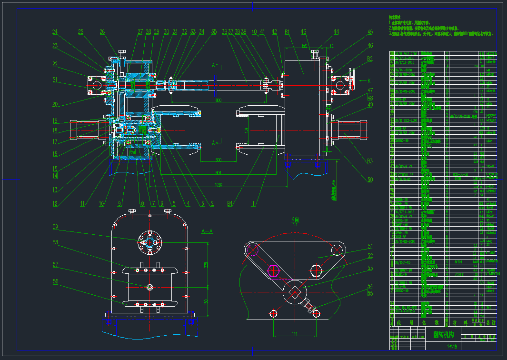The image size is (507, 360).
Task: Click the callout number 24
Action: coord(55,32)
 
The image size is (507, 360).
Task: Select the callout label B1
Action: coord(287,32)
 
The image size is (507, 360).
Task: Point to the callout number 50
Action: coord(370,180)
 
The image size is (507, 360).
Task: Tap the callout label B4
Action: coord(230,203)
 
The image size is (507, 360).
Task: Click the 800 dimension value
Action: coord(218,100)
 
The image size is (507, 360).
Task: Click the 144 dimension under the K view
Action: coord(294,334)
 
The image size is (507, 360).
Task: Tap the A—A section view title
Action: coord(207,231)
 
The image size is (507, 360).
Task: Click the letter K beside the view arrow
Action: coord(368,80)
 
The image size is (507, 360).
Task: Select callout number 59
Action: coord(55,227)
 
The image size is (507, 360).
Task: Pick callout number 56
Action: coord(55,281)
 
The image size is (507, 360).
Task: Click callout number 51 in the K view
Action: coord(370,246)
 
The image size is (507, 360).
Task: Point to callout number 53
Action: coord(370,268)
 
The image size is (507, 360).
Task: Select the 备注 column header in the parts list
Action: coord(491,323)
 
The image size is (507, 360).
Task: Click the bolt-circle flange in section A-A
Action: coord(149,242)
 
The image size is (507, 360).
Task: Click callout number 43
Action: coord(303,32)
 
